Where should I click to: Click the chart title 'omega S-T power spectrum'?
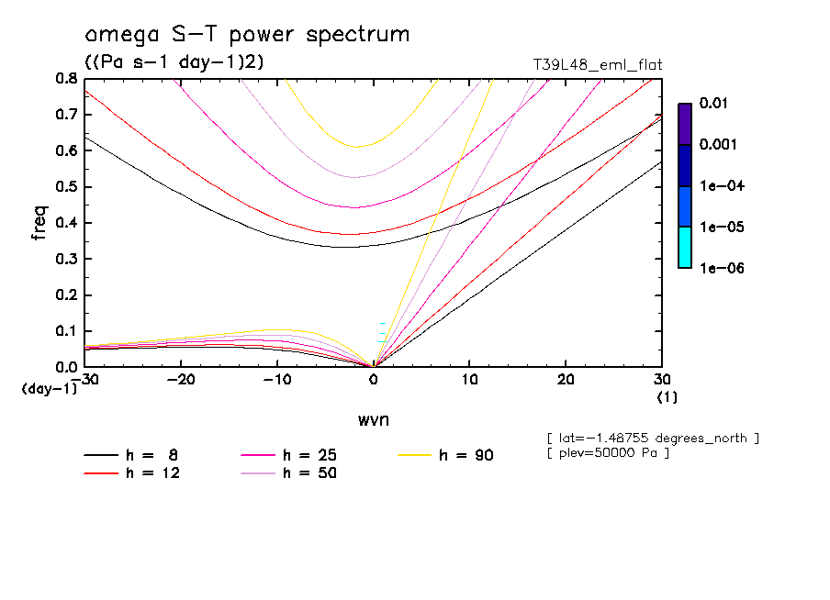coord(247,36)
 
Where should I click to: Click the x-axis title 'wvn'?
coord(373,419)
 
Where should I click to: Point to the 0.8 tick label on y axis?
coord(67,79)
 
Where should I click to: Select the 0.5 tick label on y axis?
coord(67,187)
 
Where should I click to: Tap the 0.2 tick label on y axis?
coord(67,295)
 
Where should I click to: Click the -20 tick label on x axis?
coord(181,380)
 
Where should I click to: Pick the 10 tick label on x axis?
coord(469,380)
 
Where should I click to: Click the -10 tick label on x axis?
coord(277,380)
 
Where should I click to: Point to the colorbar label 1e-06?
coord(716,268)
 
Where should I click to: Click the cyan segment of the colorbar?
coord(685,247)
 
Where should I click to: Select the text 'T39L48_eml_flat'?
coord(598,65)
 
